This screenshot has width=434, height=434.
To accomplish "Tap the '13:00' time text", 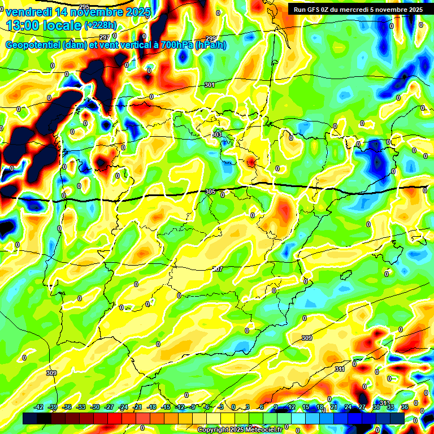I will click(23, 25).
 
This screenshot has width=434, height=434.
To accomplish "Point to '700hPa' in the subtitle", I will click(177, 45).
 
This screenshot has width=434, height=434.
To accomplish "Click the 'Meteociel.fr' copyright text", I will click(259, 430).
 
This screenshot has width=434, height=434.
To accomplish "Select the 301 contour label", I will click(209, 85).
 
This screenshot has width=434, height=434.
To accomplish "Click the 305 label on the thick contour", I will click(210, 192).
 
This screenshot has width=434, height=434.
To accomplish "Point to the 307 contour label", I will click(218, 269).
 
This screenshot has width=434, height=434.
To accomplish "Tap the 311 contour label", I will click(340, 369).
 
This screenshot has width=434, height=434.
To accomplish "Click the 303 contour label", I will click(217, 134).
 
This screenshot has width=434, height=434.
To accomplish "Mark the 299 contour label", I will click(211, 38).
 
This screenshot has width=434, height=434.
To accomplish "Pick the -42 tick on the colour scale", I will click(39, 407).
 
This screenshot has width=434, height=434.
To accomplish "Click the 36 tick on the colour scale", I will click(404, 407).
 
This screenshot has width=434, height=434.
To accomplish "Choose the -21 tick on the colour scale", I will click(137, 407).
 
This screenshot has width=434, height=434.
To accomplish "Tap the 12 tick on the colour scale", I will click(292, 407).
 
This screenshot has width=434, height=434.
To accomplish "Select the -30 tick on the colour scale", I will click(96, 407).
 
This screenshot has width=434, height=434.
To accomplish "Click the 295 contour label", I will click(84, 102).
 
